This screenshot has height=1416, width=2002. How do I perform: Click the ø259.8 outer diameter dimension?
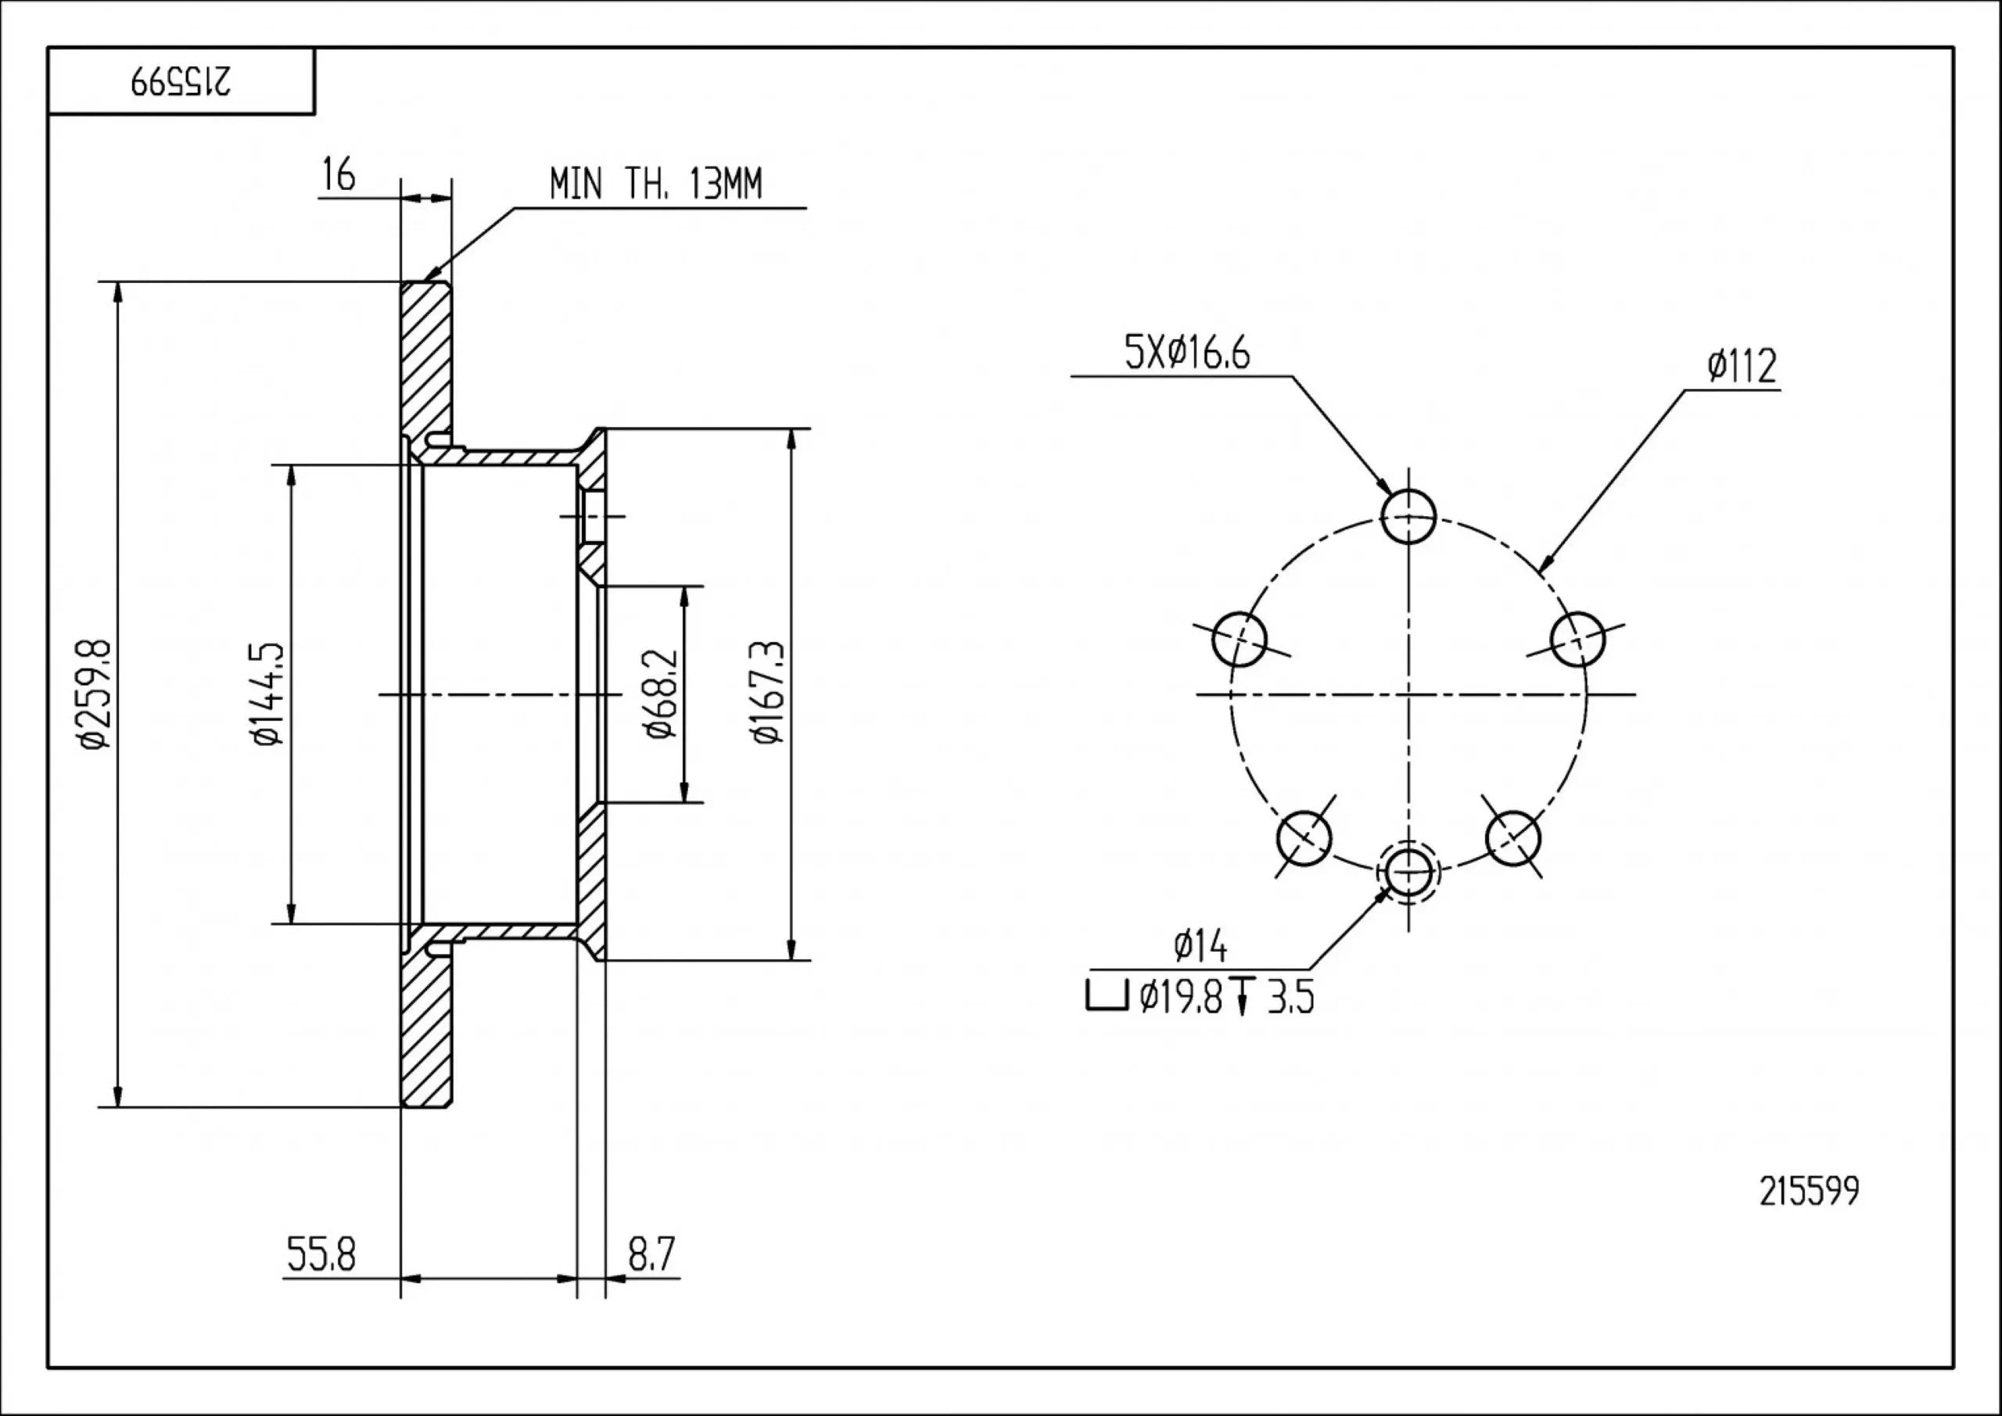[94, 694]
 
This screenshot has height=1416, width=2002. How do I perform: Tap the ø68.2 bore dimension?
[661, 694]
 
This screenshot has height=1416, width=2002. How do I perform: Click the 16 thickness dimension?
[339, 175]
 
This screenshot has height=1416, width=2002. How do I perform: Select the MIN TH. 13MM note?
[655, 185]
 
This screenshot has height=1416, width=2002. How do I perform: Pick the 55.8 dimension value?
[320, 1256]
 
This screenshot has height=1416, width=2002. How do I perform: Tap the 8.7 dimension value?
[651, 1256]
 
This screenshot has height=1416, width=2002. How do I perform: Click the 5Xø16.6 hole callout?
[1186, 354]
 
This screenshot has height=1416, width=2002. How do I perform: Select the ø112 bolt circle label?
[1742, 367]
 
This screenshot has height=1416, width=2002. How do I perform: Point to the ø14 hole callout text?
[1200, 947]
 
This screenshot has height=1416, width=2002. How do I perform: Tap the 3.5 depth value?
[1290, 997]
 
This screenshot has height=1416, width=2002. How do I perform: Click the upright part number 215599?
[1808, 1192]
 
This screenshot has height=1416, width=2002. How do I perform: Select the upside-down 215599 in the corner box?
[181, 83]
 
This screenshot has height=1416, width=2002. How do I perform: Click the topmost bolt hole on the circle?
[1408, 516]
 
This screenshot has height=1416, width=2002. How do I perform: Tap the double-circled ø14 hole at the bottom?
[1408, 870]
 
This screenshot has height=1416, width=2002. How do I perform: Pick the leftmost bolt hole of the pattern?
[1239, 638]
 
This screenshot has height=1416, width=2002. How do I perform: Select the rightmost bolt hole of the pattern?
[1577, 638]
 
